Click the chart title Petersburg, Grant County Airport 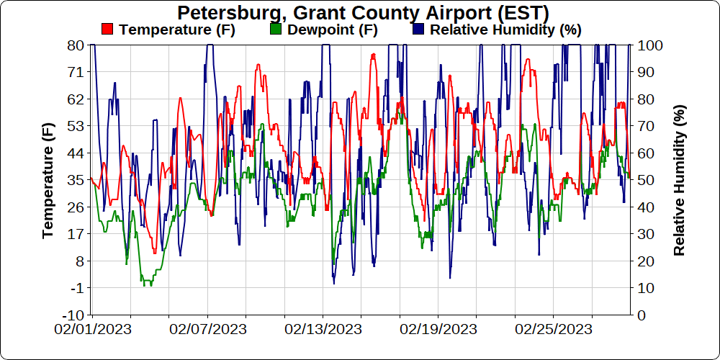[363, 12]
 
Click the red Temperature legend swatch [108, 30]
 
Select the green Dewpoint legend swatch [275, 30]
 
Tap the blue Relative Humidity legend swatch [419, 30]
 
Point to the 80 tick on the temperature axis [76, 45]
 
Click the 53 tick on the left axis [76, 126]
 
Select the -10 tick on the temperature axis [73, 315]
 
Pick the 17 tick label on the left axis [76, 234]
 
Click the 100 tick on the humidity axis [651, 45]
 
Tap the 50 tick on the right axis [647, 180]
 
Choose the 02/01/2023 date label [93, 330]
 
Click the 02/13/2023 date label [323, 330]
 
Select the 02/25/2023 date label [554, 330]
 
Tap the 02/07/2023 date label [208, 330]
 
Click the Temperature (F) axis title [48, 180]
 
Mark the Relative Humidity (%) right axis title [679, 180]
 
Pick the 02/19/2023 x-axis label [438, 330]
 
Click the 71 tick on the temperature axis [76, 72]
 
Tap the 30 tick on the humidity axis [647, 234]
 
